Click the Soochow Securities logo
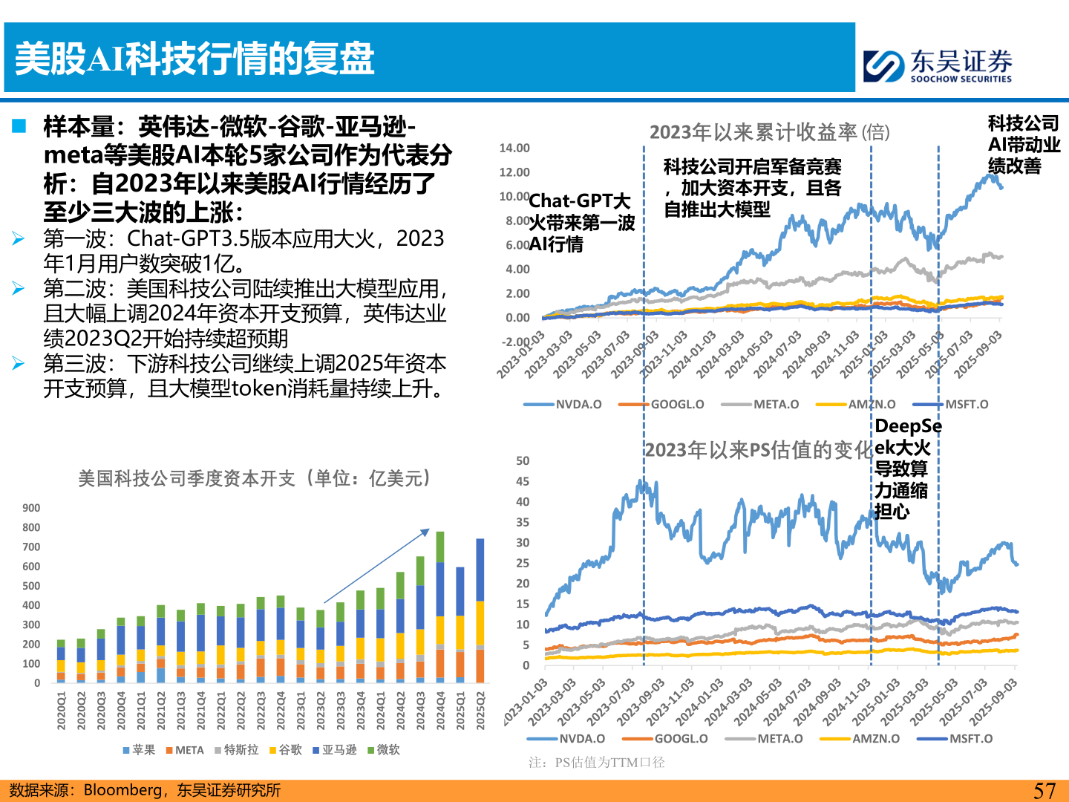pos(938,65)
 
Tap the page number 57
pos(1044,791)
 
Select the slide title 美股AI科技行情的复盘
pos(194,59)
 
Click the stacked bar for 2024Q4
pos(440,607)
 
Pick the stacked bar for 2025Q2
pos(480,610)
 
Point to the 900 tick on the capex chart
pos(31,508)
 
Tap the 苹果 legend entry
pos(139,750)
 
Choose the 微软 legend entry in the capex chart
pos(384,750)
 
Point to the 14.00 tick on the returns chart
pos(514,149)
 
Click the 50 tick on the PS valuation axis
pos(523,461)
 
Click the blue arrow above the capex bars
pos(376,566)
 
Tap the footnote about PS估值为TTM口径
pos(597,763)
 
